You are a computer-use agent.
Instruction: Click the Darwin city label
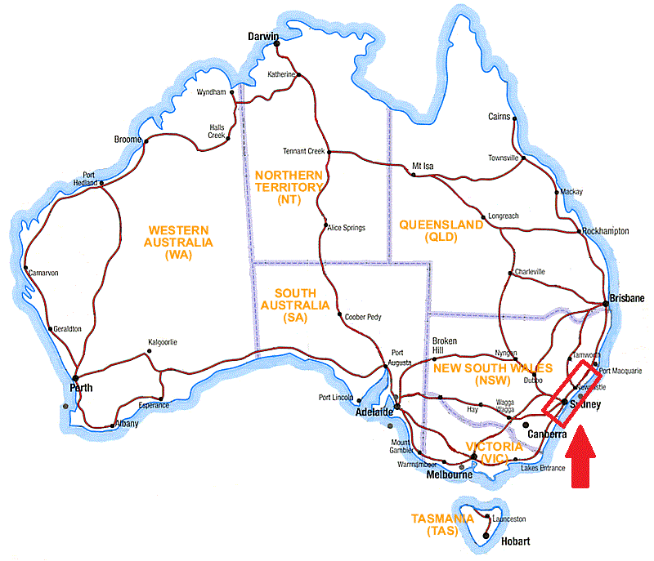264,37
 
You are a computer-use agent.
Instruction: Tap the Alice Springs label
347,228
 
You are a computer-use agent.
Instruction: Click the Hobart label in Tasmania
516,541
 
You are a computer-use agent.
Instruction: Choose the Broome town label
128,140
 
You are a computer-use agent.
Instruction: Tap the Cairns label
499,117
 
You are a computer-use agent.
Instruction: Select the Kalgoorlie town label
162,342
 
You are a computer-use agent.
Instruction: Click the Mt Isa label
423,167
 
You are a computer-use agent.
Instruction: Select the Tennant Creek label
304,151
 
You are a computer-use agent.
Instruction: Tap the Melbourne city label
447,475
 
